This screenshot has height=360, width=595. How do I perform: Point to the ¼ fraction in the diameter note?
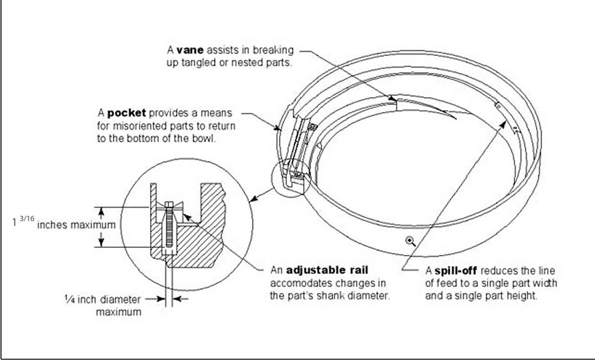point(69,300)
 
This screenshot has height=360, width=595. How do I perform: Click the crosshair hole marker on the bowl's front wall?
point(410,241)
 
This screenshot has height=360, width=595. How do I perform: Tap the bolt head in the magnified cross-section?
point(169,204)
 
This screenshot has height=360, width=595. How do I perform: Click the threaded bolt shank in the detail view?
point(169,228)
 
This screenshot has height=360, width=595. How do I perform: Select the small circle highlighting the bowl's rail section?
point(291,178)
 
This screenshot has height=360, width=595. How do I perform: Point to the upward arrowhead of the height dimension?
point(101,212)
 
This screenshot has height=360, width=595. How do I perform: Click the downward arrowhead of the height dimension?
point(101,242)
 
